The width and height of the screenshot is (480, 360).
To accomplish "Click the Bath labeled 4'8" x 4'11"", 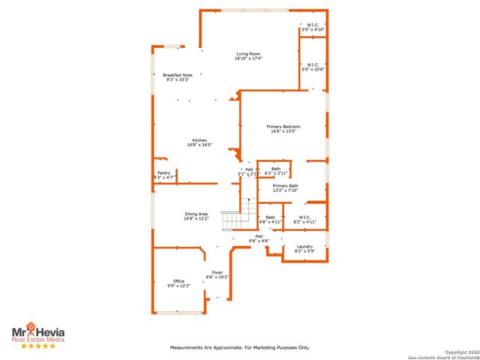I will [270, 219].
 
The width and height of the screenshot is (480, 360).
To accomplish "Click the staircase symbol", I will [237, 217].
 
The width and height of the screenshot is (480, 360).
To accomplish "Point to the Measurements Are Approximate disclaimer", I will [240, 347].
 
